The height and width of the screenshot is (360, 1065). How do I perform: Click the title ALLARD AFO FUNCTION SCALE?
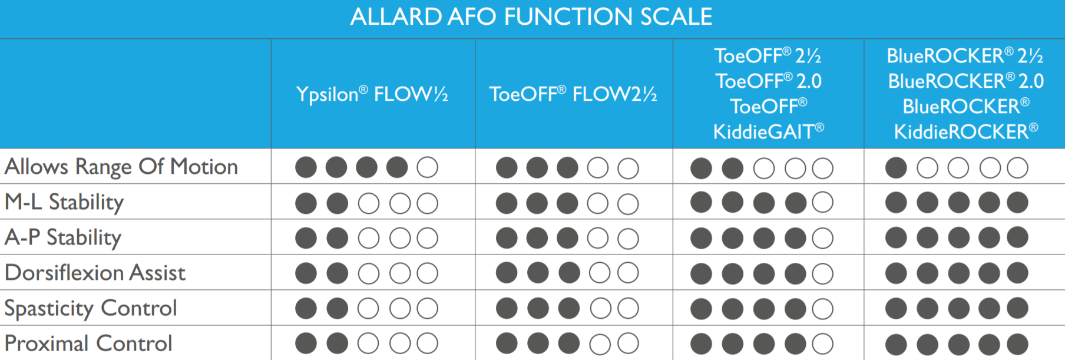(x=531, y=16)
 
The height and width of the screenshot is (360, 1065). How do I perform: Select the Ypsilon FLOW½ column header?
(x=372, y=94)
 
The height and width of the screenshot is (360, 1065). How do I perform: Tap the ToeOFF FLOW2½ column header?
(x=573, y=94)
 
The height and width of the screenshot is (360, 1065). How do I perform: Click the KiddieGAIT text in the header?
(x=769, y=131)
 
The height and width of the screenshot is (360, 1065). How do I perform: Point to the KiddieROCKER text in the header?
(x=965, y=131)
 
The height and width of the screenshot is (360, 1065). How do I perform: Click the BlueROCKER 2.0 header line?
(x=965, y=81)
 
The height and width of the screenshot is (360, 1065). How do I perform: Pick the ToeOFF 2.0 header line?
(x=769, y=81)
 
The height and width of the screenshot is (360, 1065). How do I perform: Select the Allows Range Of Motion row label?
(x=121, y=167)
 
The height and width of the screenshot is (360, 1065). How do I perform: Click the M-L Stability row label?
(x=64, y=202)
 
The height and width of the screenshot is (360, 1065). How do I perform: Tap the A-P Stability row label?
(x=63, y=237)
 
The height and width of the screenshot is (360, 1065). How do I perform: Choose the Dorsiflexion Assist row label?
(x=95, y=273)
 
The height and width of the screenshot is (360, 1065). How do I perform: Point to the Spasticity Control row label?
(x=91, y=308)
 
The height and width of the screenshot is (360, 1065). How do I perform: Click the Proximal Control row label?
(x=88, y=343)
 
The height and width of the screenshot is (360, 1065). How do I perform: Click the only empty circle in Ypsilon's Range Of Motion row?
(x=428, y=167)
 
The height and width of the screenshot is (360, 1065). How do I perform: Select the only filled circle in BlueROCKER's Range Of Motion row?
(x=896, y=168)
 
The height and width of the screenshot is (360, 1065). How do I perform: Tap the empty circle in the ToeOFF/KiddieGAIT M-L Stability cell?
(x=823, y=202)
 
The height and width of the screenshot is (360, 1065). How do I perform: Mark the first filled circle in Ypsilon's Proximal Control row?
(x=306, y=344)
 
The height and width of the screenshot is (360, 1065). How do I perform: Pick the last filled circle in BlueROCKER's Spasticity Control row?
(x=1018, y=308)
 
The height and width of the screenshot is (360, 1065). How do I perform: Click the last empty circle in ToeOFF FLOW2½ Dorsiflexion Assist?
(x=628, y=273)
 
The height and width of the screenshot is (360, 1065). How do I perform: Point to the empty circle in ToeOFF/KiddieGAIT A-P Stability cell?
(x=823, y=238)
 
